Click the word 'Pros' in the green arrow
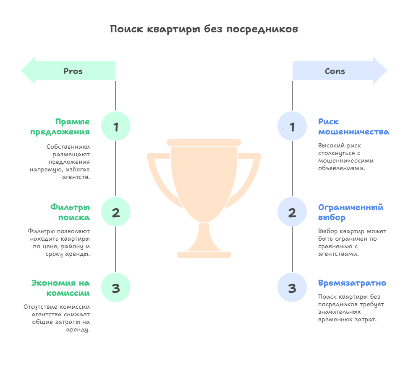click(73, 71)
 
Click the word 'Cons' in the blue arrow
click(335, 71)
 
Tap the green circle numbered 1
click(116, 126)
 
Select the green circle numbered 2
click(116, 212)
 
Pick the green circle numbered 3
click(116, 288)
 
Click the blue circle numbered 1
click(292, 126)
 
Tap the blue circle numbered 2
click(292, 212)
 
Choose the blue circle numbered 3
click(292, 288)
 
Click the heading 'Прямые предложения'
click(60, 127)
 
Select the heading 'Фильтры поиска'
click(70, 212)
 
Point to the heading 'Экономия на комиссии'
click(60, 288)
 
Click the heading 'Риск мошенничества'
click(353, 127)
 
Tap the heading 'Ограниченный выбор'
click(351, 212)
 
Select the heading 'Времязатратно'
click(352, 283)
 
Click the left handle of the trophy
click(161, 180)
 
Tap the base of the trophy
click(204, 255)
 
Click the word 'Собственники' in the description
click(68, 147)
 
